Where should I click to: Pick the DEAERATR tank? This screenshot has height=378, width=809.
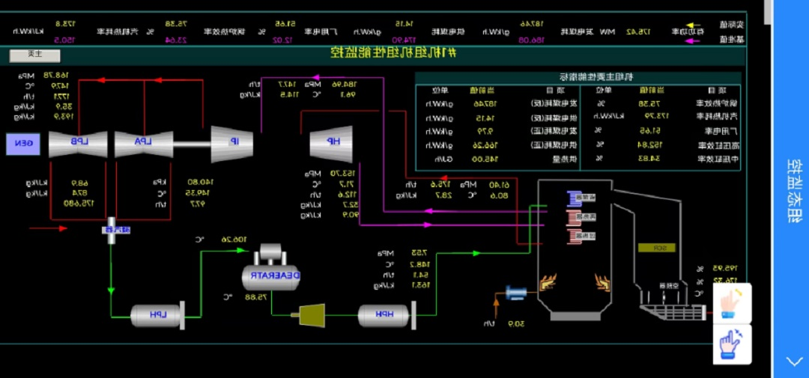coord(271,275)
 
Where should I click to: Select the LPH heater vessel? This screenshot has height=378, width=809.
coord(156,315)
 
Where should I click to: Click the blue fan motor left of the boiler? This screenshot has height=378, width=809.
coord(516,293)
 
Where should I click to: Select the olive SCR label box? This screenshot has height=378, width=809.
coord(656,248)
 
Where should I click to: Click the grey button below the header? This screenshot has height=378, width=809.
coord(34,55)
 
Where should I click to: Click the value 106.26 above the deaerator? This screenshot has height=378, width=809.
coord(234,240)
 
